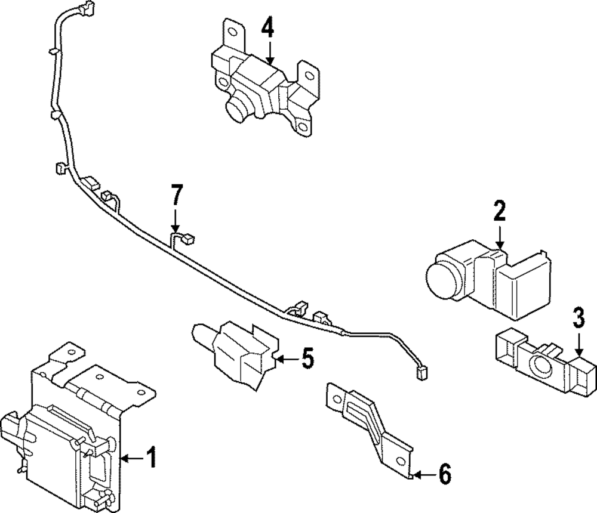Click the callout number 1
point(151,458)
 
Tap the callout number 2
point(499,211)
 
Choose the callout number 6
point(445,475)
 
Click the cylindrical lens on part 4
point(238,110)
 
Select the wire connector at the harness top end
point(87,8)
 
